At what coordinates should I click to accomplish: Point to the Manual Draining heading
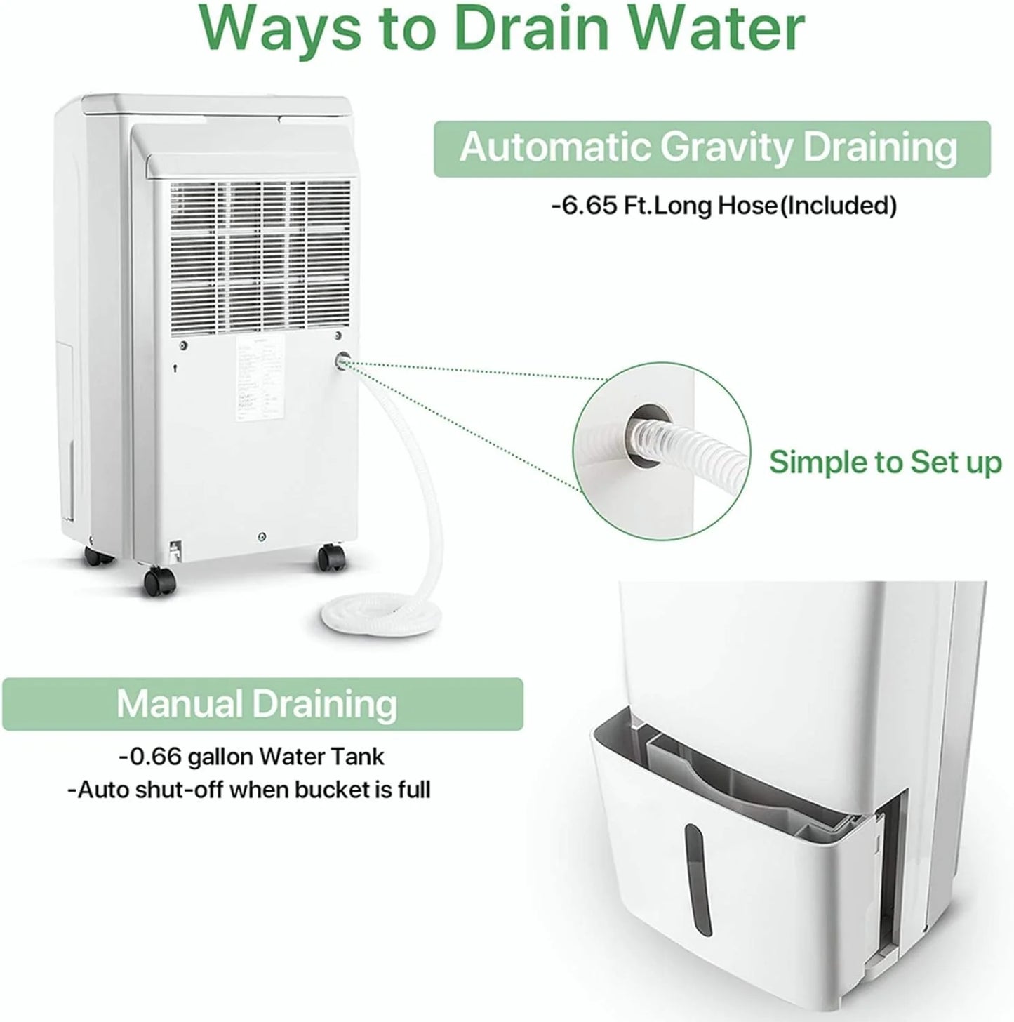pos(257,704)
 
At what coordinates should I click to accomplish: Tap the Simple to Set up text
pos(885,463)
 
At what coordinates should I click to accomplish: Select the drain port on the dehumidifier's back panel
pos(342,361)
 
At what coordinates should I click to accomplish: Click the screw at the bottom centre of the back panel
pos(261,535)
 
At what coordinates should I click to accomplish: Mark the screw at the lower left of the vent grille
pos(183,345)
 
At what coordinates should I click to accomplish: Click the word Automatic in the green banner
pos(555,148)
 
